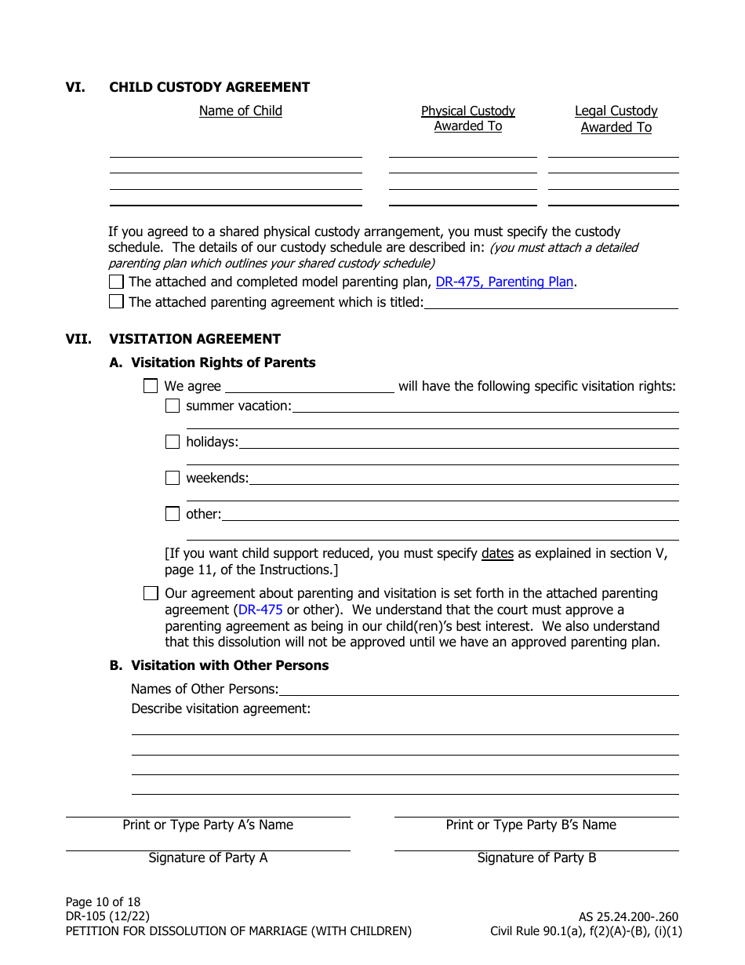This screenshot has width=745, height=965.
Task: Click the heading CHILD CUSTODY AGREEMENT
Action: pos(209,87)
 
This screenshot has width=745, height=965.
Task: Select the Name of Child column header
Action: pos(240,111)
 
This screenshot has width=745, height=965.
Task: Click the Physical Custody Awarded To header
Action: pos(467,118)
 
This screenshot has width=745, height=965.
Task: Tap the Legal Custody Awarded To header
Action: pos(616,119)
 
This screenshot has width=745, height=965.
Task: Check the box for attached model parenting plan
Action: pos(116,282)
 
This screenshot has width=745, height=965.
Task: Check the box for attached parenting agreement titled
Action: pos(116,302)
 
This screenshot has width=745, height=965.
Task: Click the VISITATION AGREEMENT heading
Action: pos(194,339)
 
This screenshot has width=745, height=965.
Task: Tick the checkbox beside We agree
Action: pos(151,386)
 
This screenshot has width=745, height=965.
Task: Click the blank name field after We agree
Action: pos(310,385)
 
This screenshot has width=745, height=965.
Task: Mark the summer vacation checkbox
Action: pos(173,406)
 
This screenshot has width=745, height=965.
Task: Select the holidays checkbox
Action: pos(173,442)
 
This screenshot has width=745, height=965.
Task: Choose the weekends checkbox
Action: pos(173,478)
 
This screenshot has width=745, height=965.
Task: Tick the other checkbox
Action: pos(173,514)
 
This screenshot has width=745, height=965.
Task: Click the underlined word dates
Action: pos(497,553)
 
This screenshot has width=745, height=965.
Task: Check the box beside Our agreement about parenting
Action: pos(151,593)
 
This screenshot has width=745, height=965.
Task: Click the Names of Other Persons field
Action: pos(478,688)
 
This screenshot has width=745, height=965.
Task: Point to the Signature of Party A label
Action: pos(208,858)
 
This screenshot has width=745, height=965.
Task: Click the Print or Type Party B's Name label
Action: pos(531,825)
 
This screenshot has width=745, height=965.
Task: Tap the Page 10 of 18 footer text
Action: pos(103,901)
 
